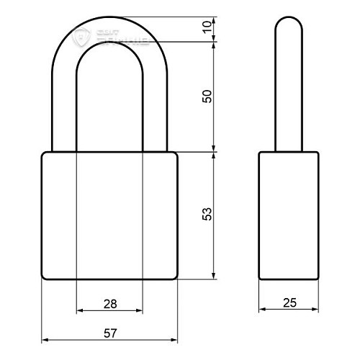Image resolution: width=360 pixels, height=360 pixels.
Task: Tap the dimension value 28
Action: coord(109,304)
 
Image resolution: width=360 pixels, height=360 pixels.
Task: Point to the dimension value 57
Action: coord(109,333)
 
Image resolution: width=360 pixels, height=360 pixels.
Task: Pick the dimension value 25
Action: coord(289,304)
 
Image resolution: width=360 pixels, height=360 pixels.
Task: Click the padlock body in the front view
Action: coord(109,216)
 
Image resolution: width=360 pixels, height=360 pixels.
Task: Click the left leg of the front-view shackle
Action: coord(63,108)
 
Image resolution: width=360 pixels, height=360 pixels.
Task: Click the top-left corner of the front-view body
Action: coord(43,153)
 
